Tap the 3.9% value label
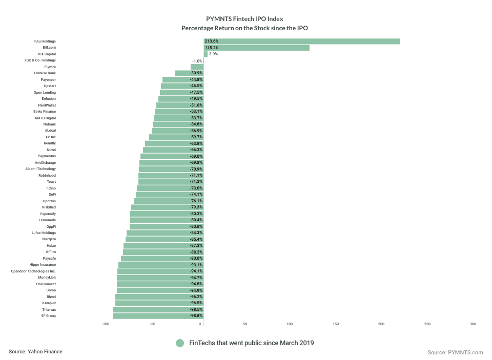[x=214, y=54]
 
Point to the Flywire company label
[x=50, y=67]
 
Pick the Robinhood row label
[x=47, y=175]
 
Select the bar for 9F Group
[x=154, y=316]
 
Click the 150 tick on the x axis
[x=336, y=324]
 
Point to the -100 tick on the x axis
[x=106, y=324]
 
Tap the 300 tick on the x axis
[x=473, y=324]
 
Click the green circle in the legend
[x=179, y=343]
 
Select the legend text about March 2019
[x=251, y=343]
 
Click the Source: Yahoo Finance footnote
[x=35, y=351]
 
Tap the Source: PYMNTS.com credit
[x=455, y=352]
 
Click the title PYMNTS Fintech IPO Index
[x=245, y=18]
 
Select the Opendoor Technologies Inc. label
[x=33, y=271]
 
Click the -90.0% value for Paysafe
[x=196, y=259]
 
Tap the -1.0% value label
[x=197, y=60]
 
